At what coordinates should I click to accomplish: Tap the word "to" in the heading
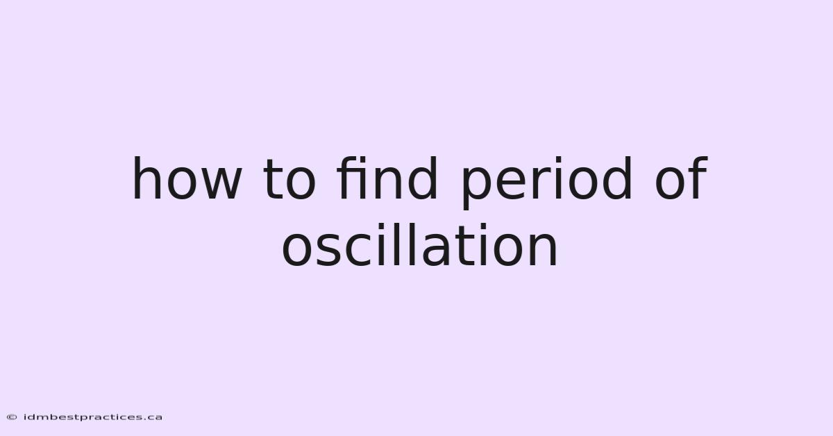coord(289,180)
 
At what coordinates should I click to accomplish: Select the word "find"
coord(387,178)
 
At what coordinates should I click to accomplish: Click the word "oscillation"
coord(419,244)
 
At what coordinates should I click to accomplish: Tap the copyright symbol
coord(12,417)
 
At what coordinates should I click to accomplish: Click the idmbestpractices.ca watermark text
coord(93,417)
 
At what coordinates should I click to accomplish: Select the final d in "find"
coord(423,178)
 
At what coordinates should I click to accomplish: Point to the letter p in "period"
coord(476,188)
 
